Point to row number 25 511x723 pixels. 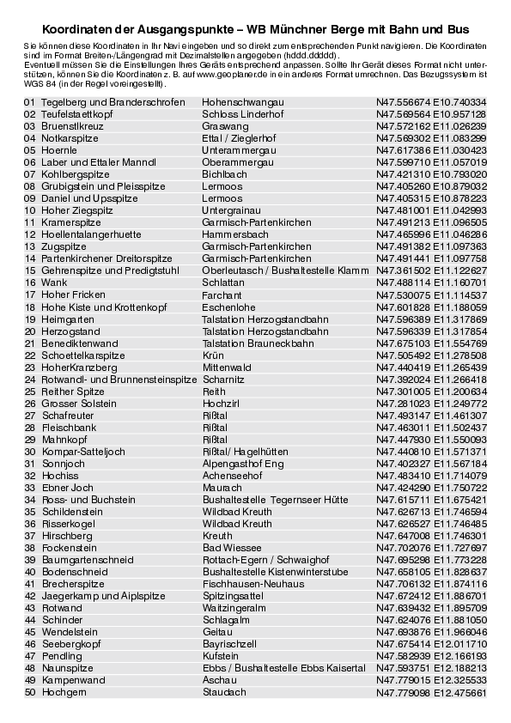point(30,391)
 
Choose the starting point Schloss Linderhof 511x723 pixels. point(237,114)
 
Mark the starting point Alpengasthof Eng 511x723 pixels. point(241,463)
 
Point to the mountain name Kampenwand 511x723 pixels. point(73,679)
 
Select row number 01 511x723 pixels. point(30,102)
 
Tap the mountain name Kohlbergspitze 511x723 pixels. point(76,174)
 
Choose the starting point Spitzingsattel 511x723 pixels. point(233,595)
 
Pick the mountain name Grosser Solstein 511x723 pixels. point(79,403)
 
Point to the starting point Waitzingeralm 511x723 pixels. point(234,607)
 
